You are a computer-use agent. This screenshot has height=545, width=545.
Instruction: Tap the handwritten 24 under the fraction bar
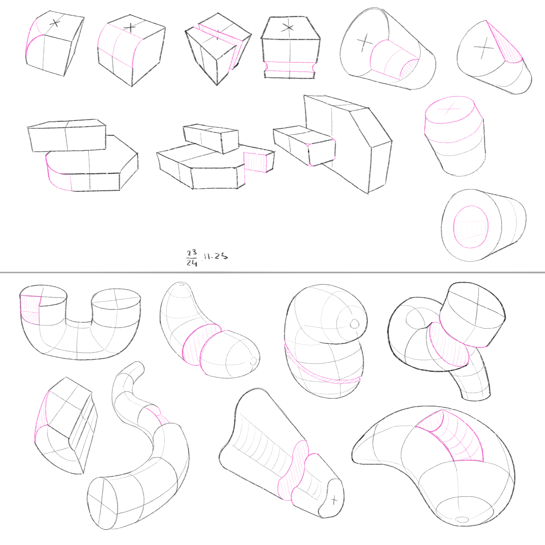coord(192,263)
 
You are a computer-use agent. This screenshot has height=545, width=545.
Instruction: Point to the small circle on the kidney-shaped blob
coord(354,324)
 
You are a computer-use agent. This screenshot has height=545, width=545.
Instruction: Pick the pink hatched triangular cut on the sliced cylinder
coord(505,45)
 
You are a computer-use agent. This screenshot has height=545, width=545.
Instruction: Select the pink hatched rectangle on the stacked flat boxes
coord(255,162)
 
